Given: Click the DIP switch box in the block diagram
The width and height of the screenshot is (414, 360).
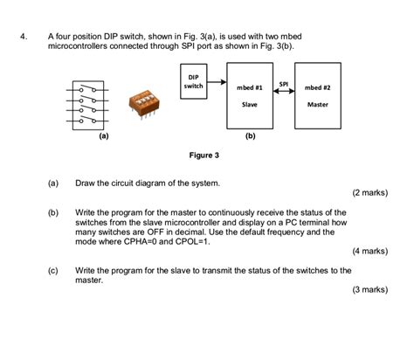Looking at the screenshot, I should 193,83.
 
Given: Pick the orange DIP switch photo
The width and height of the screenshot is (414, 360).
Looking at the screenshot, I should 141,101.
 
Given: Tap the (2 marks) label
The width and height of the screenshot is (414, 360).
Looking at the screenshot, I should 369,192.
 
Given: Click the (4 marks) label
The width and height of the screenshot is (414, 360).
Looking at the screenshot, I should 369,251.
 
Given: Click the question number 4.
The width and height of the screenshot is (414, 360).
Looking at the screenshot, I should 27,38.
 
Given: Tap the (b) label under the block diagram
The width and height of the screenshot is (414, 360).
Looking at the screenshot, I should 250,135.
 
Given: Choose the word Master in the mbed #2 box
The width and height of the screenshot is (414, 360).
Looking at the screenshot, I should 318,104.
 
